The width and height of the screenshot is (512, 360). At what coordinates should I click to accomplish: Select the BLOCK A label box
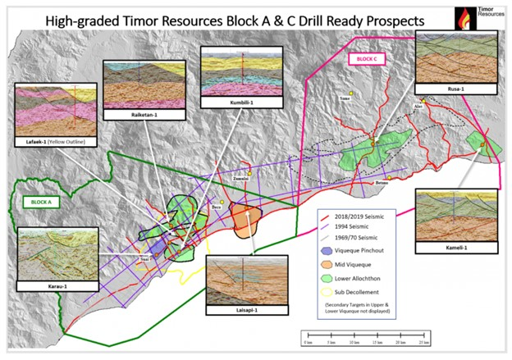[x=36, y=201]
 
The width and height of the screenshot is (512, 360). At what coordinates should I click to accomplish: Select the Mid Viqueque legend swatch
[x=327, y=264]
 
